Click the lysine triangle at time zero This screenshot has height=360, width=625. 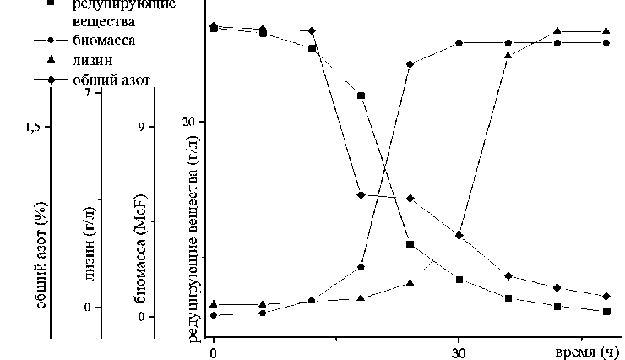point(214,304)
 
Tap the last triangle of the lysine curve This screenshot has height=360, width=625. point(606,31)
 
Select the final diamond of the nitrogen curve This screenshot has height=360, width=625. point(606,297)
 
